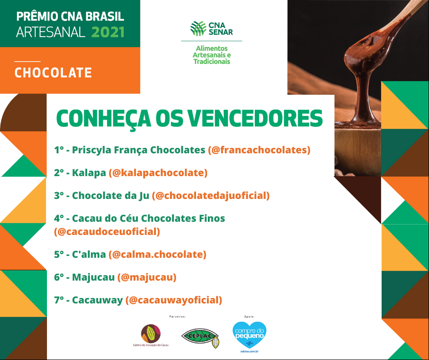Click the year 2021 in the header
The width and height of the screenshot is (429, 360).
(x=108, y=32)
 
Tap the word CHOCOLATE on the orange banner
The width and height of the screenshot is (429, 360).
(x=53, y=73)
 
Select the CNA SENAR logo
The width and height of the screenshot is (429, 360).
(x=212, y=29)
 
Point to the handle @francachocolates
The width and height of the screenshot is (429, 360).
(x=259, y=150)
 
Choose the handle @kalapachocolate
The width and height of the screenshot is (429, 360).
(x=158, y=173)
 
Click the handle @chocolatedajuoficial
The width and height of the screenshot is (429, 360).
(x=211, y=195)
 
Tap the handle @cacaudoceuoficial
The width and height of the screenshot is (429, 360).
(x=107, y=232)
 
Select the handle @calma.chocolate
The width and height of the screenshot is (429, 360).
(x=158, y=254)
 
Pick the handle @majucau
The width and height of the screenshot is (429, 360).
(x=147, y=277)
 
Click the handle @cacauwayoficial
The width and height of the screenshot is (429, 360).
(x=174, y=300)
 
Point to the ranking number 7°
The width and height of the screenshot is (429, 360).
(x=59, y=300)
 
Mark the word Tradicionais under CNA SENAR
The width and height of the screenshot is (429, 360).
(x=212, y=62)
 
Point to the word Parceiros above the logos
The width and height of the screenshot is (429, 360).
(x=177, y=317)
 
